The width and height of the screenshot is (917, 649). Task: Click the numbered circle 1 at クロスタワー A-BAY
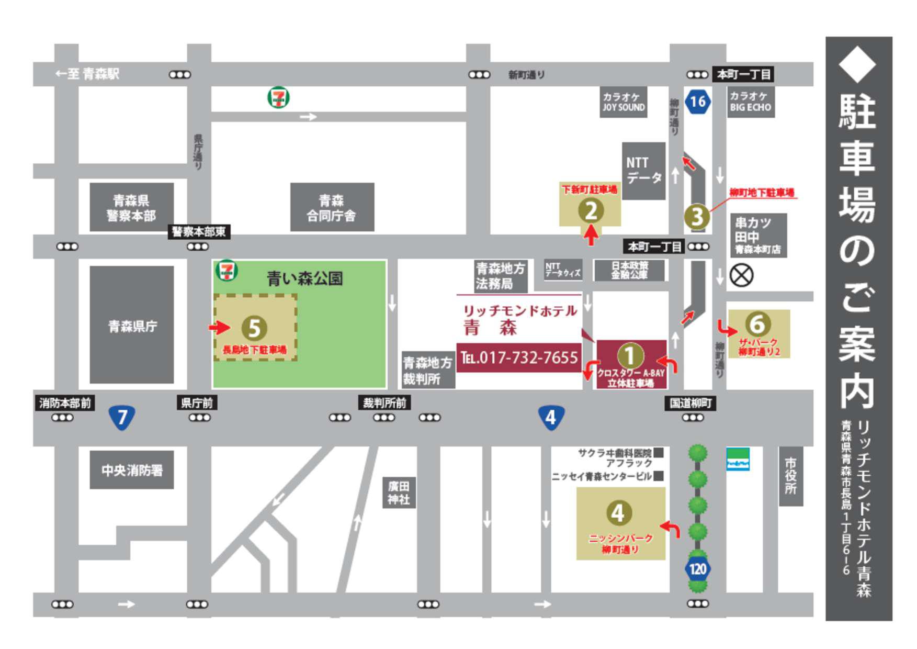(629, 356)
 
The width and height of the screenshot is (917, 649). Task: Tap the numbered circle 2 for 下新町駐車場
(591, 211)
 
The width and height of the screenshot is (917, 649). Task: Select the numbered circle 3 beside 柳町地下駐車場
(697, 217)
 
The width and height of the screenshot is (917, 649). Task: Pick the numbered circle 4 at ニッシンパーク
(618, 513)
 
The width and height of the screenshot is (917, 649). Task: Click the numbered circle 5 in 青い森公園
(254, 328)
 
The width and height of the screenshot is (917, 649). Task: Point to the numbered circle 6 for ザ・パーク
(757, 324)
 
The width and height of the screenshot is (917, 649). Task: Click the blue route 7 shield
(122, 417)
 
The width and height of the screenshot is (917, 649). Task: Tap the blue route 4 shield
(550, 417)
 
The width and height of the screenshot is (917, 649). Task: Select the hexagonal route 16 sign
(698, 101)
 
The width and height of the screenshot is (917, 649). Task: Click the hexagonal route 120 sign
(697, 569)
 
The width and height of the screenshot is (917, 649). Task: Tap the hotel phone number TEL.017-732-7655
(519, 358)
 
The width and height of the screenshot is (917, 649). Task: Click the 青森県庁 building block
(132, 325)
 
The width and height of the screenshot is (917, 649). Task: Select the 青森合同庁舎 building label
(332, 207)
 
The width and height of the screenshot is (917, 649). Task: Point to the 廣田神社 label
(399, 493)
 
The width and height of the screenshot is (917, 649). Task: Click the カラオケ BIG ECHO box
(751, 102)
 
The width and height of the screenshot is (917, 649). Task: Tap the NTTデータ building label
(643, 171)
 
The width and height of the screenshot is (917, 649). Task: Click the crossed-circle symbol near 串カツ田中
(741, 275)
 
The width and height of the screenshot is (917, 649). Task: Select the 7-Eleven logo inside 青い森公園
(227, 271)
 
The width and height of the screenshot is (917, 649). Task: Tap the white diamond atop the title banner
(857, 64)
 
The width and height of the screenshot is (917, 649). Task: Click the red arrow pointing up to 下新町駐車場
(591, 234)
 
